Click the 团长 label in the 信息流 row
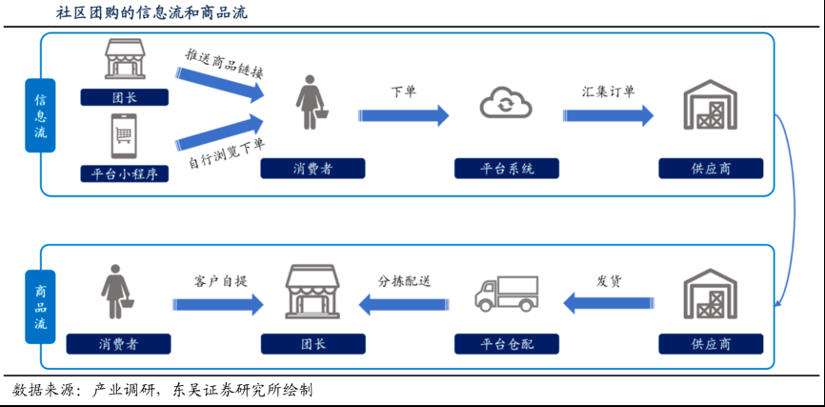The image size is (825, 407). [x=125, y=96]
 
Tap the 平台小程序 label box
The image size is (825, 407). [x=125, y=173]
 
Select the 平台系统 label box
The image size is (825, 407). [x=506, y=169]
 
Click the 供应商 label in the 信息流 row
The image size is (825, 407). [x=711, y=169]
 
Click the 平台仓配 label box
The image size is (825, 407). [x=506, y=343]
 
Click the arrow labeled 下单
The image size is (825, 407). [x=403, y=115]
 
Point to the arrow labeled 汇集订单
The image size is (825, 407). [x=608, y=115]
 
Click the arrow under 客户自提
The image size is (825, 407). [x=218, y=305]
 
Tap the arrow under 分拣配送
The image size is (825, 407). [x=404, y=304]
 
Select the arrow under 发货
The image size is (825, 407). [x=608, y=304]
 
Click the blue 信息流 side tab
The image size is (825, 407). [x=40, y=114]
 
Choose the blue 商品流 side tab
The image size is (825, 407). [x=40, y=307]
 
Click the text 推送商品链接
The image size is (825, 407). [x=224, y=63]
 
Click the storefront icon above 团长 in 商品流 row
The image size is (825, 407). [x=313, y=292]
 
